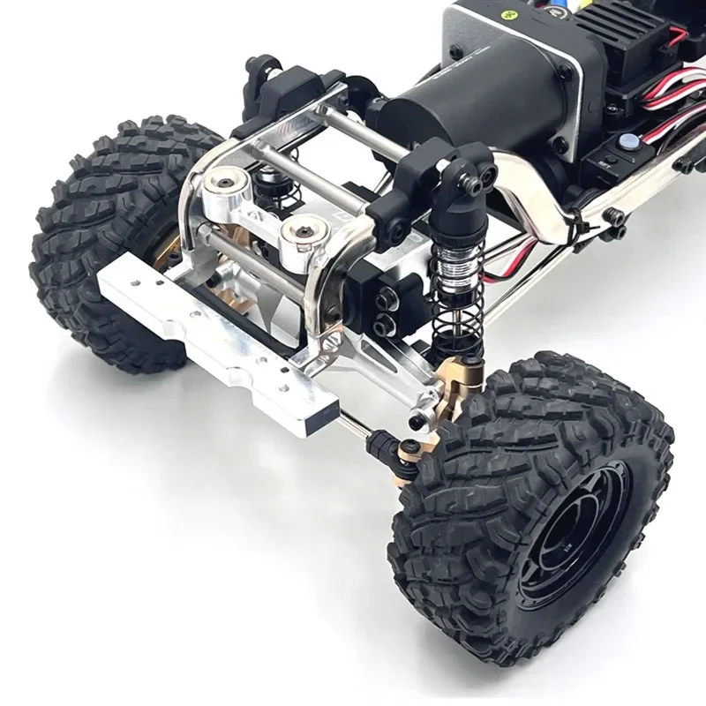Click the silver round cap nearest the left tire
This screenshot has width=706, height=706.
(x=229, y=182)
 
